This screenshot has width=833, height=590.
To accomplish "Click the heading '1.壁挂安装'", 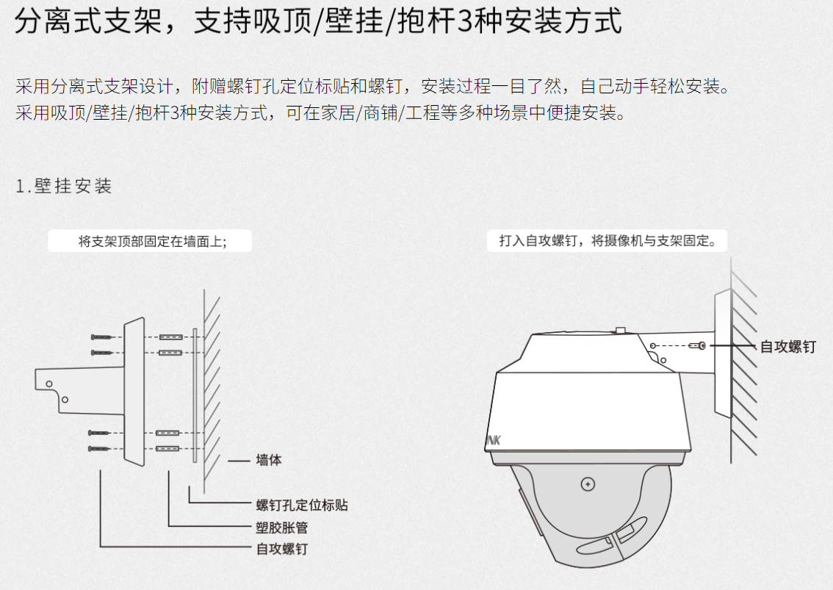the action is [x=64, y=186].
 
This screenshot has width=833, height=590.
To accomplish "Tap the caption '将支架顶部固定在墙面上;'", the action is [x=153, y=241].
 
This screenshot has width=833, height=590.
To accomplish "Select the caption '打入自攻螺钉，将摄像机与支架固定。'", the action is [x=607, y=241].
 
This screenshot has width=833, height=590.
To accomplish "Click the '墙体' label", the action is [x=269, y=460].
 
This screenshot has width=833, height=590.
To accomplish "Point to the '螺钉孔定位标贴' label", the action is [x=302, y=505].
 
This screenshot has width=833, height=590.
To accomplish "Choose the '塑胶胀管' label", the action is [x=281, y=528].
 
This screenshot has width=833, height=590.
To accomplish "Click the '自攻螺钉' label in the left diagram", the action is [x=281, y=549].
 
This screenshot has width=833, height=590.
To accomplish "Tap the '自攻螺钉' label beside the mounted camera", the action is [x=788, y=347].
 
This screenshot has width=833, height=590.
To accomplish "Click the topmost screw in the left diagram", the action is [x=101, y=337].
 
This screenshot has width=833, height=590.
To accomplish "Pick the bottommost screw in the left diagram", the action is [x=99, y=449].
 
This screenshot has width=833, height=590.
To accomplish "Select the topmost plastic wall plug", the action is [x=171, y=337].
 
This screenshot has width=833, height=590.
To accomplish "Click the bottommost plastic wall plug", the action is [x=168, y=449].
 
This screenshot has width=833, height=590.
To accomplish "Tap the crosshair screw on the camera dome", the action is [x=588, y=484].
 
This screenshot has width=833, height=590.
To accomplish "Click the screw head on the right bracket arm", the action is [x=702, y=345].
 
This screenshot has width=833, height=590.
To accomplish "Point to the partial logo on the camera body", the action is [x=493, y=440].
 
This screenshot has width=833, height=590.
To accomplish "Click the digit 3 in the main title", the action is [x=464, y=21].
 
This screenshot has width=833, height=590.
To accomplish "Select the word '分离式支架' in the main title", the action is [x=88, y=21].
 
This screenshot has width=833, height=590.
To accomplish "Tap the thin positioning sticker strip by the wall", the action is [x=195, y=395].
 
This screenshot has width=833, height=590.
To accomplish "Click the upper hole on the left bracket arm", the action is [x=49, y=384].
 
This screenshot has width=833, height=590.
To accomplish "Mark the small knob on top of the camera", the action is [x=619, y=331].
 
